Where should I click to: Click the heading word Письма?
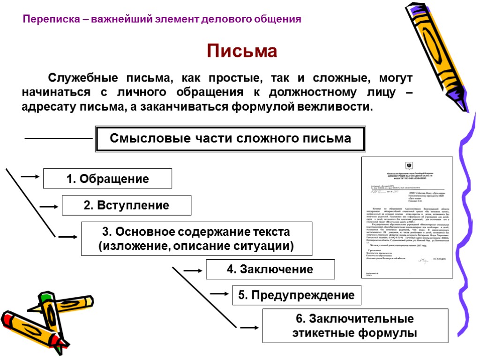242,51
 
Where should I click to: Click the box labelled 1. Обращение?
107,179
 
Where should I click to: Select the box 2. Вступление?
127,205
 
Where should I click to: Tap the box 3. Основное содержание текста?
196,239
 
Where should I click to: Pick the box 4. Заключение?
270,270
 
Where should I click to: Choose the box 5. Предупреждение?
297,295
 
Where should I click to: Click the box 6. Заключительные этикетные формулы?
355,326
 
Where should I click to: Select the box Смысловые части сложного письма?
230,139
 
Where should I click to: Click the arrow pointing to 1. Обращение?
30,177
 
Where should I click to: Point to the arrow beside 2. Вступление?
49,205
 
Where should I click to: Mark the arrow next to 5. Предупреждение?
219,294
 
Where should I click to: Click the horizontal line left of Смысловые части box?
58,139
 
